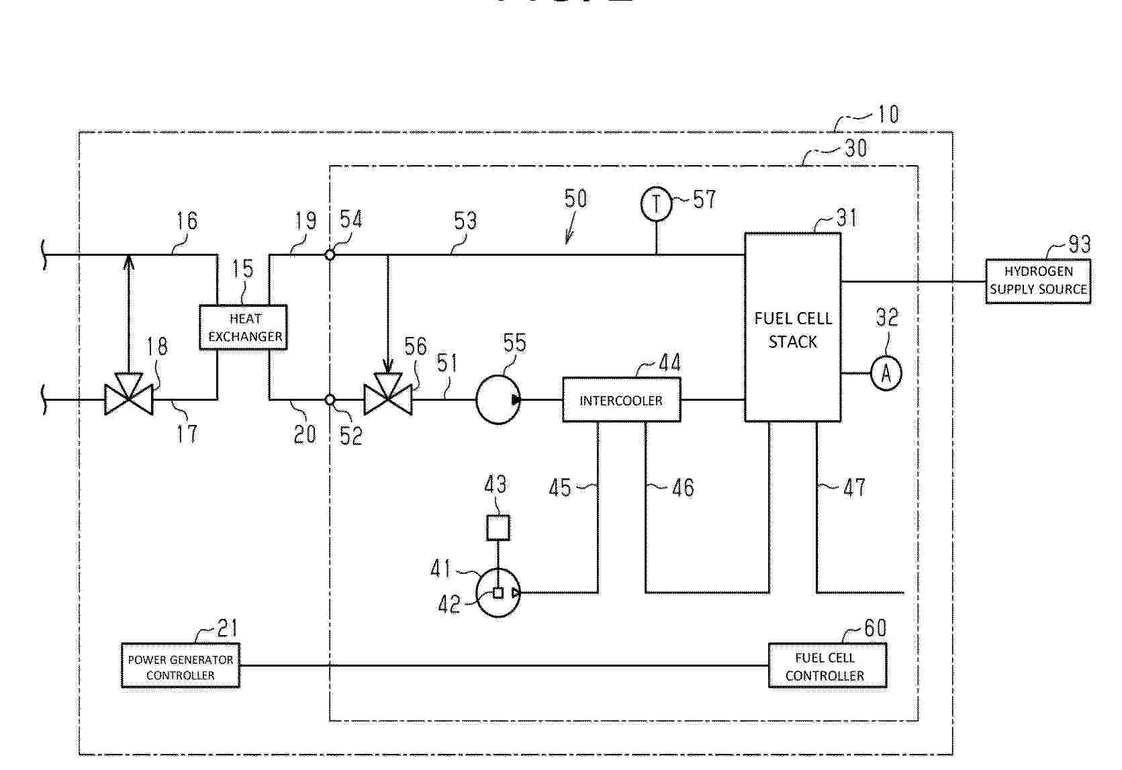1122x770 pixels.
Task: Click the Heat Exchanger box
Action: (244, 328)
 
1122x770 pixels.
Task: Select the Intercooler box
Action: (622, 400)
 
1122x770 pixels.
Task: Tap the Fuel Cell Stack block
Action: (793, 328)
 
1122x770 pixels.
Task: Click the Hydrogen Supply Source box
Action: (1038, 281)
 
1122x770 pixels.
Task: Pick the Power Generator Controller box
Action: (181, 665)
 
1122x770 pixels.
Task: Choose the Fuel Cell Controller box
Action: (827, 665)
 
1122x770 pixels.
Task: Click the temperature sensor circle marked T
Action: (656, 204)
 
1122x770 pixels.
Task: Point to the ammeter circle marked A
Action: (886, 373)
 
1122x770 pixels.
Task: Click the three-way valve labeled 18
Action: (129, 394)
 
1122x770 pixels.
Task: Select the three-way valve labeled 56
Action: (388, 394)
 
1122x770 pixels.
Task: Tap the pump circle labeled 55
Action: (498, 400)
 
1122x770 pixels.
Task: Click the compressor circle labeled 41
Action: (498, 593)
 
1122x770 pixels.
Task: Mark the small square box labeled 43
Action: (498, 528)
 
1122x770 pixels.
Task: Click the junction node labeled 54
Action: (330, 255)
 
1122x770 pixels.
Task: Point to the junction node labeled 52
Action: (330, 399)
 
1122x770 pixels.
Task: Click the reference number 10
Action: (888, 115)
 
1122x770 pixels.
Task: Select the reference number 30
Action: (855, 148)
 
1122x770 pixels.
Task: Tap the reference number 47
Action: (854, 487)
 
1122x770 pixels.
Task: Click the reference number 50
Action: (575, 199)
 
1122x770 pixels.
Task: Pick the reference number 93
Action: (1080, 244)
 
